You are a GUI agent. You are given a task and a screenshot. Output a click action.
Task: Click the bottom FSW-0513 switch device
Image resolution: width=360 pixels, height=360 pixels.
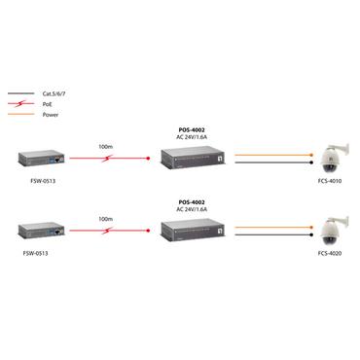tap(40, 232)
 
